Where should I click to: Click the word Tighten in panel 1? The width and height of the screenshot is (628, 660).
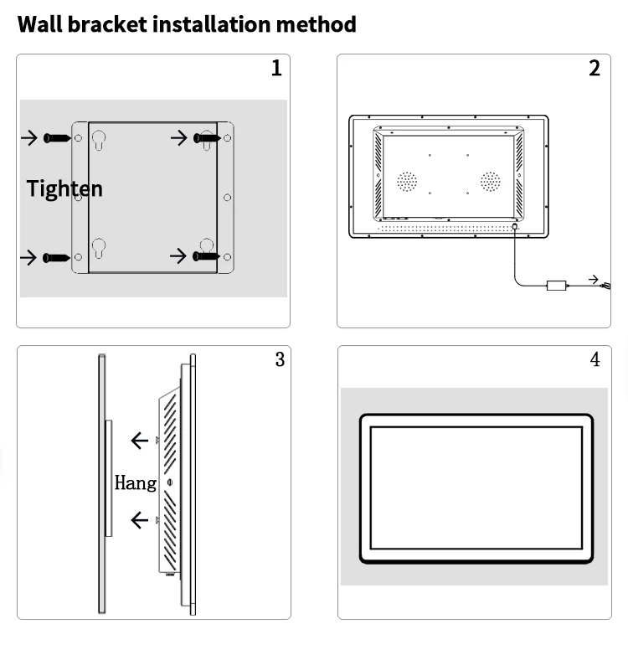tap(64, 188)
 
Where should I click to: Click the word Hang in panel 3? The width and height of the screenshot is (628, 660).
tap(135, 482)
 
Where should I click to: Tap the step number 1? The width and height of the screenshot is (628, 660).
tap(276, 69)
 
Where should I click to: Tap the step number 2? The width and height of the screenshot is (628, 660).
tap(595, 69)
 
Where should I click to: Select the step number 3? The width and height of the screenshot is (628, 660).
tap(280, 359)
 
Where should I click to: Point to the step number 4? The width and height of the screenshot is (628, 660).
tap(595, 359)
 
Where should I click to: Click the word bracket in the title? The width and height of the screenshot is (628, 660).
tap(106, 24)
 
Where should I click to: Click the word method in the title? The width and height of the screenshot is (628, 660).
tap(316, 24)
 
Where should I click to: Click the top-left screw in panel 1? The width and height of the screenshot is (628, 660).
tap(57, 137)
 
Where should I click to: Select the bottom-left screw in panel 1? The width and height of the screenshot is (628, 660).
tap(57, 257)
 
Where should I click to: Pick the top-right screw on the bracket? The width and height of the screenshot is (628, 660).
tap(207, 137)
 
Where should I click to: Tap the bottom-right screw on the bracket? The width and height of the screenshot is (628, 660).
tap(207, 255)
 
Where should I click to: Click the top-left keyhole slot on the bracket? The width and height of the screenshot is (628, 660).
tap(99, 140)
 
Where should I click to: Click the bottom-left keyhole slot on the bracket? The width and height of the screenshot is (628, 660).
tap(99, 249)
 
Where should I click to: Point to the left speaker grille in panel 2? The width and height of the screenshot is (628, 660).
tap(407, 182)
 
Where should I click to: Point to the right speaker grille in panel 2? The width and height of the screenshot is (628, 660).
tap(490, 182)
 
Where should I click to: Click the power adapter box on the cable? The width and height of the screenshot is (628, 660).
tap(556, 286)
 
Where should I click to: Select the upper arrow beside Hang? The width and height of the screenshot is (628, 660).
tap(140, 441)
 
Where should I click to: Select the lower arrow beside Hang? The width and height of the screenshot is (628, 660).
tap(140, 521)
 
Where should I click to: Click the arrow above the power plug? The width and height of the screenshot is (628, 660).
tap(594, 279)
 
